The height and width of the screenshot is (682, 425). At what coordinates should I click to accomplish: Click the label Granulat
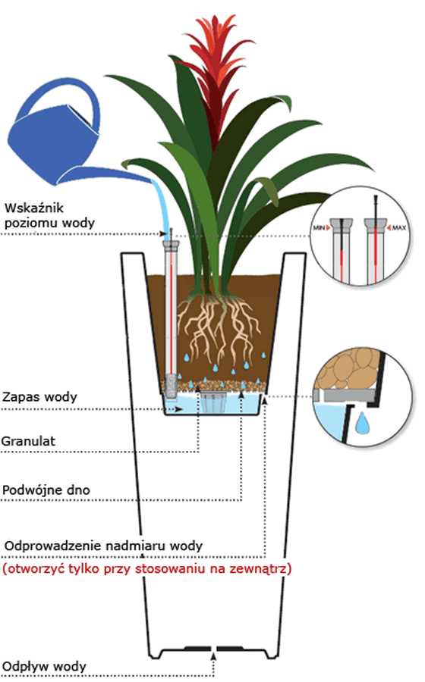coord(28,441)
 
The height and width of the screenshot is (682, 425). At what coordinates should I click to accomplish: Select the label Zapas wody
coord(39,397)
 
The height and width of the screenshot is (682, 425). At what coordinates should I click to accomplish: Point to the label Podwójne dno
coord(46,490)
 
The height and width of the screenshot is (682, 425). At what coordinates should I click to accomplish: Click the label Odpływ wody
coord(44,666)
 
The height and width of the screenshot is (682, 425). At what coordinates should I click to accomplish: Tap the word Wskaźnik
coord(34,208)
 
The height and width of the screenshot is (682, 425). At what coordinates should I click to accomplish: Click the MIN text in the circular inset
coord(320,228)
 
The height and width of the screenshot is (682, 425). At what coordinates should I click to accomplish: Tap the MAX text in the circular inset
coord(399,227)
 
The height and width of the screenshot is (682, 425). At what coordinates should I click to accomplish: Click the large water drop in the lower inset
coord(362,424)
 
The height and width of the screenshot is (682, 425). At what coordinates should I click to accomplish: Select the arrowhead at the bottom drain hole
coord(213,654)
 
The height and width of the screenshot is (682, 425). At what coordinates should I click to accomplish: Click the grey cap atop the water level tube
coord(171,246)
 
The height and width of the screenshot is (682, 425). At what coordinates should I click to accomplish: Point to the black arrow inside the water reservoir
coord(179,410)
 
